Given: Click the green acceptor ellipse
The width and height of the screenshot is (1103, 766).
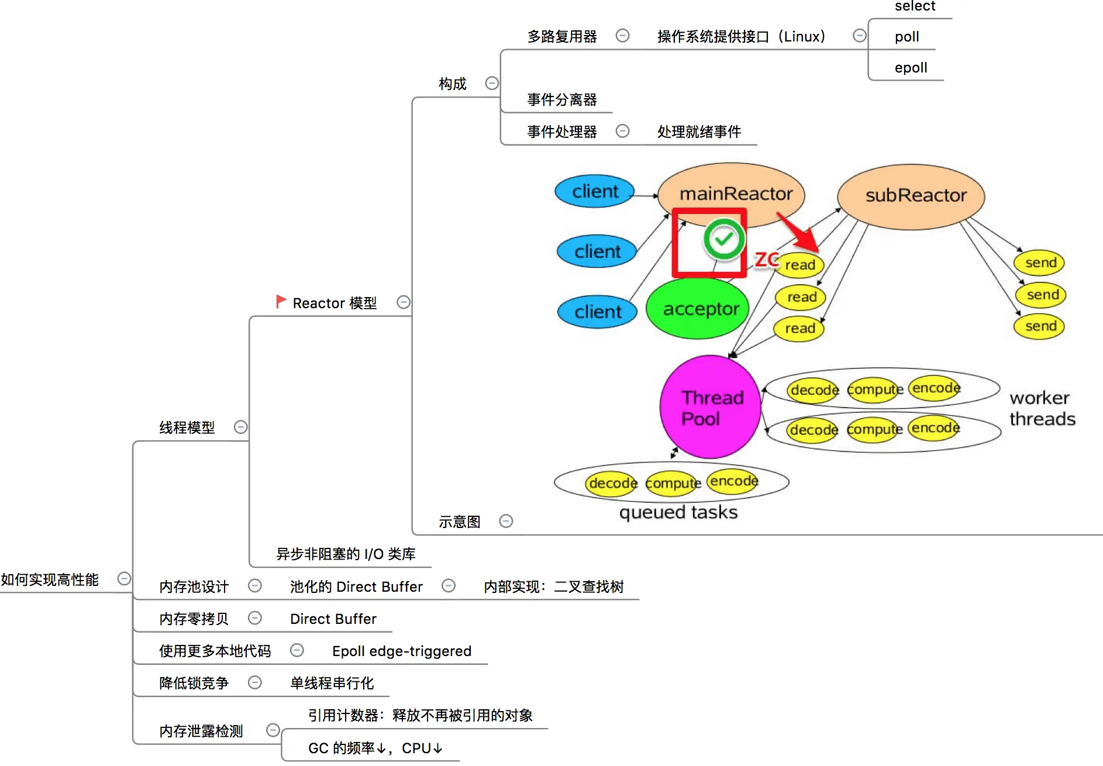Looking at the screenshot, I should pyautogui.click(x=698, y=309).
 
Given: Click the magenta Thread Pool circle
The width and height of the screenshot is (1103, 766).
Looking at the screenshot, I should pyautogui.click(x=711, y=408).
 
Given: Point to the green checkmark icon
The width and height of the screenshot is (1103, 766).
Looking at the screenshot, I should pyautogui.click(x=724, y=239).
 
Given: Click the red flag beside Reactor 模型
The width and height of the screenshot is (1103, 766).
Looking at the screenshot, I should pyautogui.click(x=281, y=302).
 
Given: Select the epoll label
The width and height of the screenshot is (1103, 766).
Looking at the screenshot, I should pyautogui.click(x=911, y=68).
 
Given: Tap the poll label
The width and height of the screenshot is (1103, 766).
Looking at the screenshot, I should pyautogui.click(x=906, y=37).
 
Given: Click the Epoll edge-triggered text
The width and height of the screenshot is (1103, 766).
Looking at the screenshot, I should pyautogui.click(x=402, y=651).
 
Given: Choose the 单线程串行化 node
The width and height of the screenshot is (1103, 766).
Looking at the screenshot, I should pyautogui.click(x=332, y=683).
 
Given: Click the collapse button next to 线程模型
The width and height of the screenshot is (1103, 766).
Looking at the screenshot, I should pyautogui.click(x=240, y=427).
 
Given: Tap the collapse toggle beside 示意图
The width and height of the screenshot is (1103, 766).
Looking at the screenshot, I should pyautogui.click(x=506, y=521).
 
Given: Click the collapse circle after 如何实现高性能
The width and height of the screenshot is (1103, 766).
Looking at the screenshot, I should pyautogui.click(x=124, y=579).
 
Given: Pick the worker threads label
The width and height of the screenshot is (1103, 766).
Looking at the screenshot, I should pyautogui.click(x=1042, y=408).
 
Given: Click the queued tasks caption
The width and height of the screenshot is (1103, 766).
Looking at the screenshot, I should pyautogui.click(x=678, y=513).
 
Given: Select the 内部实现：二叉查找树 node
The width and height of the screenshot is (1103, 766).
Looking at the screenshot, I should pyautogui.click(x=553, y=586).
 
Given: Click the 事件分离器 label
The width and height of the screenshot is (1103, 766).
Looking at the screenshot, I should pyautogui.click(x=561, y=100).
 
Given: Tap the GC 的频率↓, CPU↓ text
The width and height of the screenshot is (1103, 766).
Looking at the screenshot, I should pyautogui.click(x=375, y=748).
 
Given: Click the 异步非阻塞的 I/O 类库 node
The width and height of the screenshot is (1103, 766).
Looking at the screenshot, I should pyautogui.click(x=346, y=554).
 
